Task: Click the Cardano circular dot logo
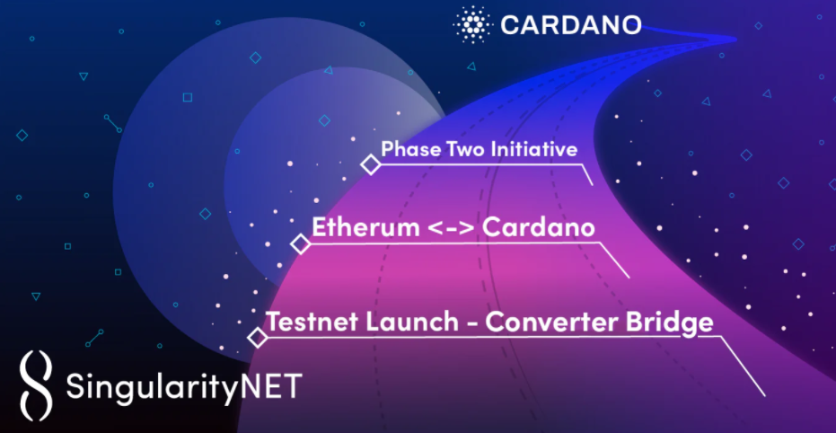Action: click(x=471, y=24)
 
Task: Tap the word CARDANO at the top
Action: click(x=571, y=25)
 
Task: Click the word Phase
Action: click(x=402, y=149)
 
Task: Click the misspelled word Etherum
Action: click(x=365, y=227)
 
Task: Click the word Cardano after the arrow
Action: click(x=539, y=227)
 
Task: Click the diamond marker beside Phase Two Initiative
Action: click(x=371, y=164)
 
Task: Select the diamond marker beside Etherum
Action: click(x=301, y=244)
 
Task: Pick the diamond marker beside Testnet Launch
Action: click(x=258, y=338)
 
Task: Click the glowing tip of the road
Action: click(x=732, y=39)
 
